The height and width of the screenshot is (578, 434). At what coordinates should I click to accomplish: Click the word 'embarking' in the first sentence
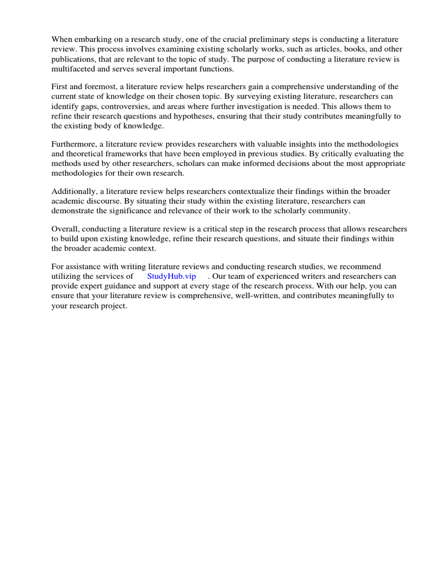tap(93, 40)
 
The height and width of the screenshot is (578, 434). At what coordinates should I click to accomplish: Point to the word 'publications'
tap(73, 59)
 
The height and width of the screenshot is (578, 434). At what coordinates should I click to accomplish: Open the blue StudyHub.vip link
tap(171, 277)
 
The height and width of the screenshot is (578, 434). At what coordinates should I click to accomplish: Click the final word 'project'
tap(113, 305)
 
